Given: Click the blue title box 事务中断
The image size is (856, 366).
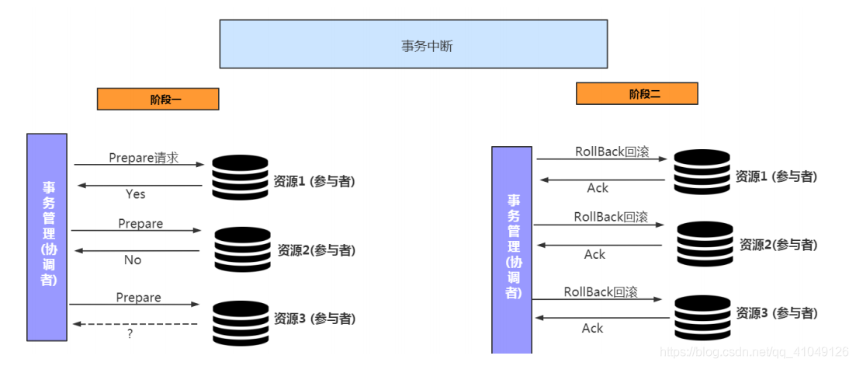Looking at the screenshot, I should (x=413, y=44).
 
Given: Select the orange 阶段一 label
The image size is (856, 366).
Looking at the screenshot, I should (x=158, y=99).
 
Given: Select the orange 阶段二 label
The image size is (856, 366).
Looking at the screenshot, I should (x=636, y=94).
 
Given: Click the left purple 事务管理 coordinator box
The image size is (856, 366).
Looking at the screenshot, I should (x=47, y=237).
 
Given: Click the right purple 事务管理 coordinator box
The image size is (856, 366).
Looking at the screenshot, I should (x=511, y=249).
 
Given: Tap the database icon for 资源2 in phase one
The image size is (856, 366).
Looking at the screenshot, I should (x=242, y=249).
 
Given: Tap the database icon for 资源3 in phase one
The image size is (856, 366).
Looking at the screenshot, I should (x=240, y=322).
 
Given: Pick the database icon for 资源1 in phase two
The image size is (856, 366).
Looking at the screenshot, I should (x=702, y=173).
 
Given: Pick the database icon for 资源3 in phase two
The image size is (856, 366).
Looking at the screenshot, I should (x=702, y=317).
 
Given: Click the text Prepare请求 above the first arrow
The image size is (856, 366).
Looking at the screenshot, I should (x=144, y=158).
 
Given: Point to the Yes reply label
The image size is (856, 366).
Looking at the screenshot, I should (x=136, y=194).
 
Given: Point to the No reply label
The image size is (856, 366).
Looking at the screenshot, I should (x=133, y=260).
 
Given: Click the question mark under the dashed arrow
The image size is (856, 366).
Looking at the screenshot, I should (x=130, y=333).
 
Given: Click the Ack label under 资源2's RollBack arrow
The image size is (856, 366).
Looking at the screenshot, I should (x=594, y=254).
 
